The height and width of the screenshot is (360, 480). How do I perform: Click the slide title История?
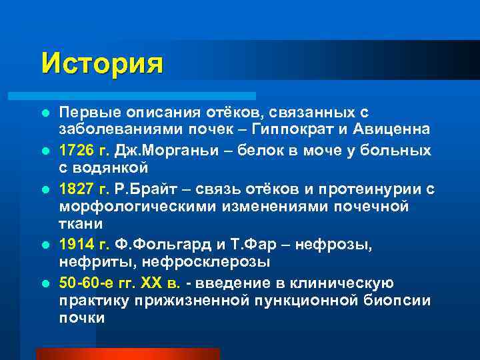[x=102, y=64]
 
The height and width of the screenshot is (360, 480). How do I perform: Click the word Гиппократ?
[x=321, y=128]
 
